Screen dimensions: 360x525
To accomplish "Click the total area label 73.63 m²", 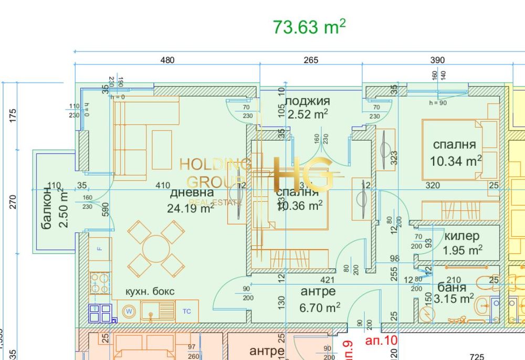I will tap(309, 27).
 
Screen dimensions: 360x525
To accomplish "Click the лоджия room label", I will tap(309, 101).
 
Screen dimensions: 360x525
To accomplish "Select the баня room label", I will tap(451, 288).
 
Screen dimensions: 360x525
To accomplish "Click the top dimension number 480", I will tap(167, 60).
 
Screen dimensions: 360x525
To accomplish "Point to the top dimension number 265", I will tap(311, 60).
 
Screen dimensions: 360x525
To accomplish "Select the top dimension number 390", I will tap(437, 60).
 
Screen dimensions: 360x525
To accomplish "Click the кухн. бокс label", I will tap(150, 291).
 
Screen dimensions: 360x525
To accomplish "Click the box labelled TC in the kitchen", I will tap(186, 311).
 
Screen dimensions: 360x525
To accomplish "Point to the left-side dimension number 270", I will tap(13, 202).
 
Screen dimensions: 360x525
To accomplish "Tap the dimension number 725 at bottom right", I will tap(476, 357).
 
